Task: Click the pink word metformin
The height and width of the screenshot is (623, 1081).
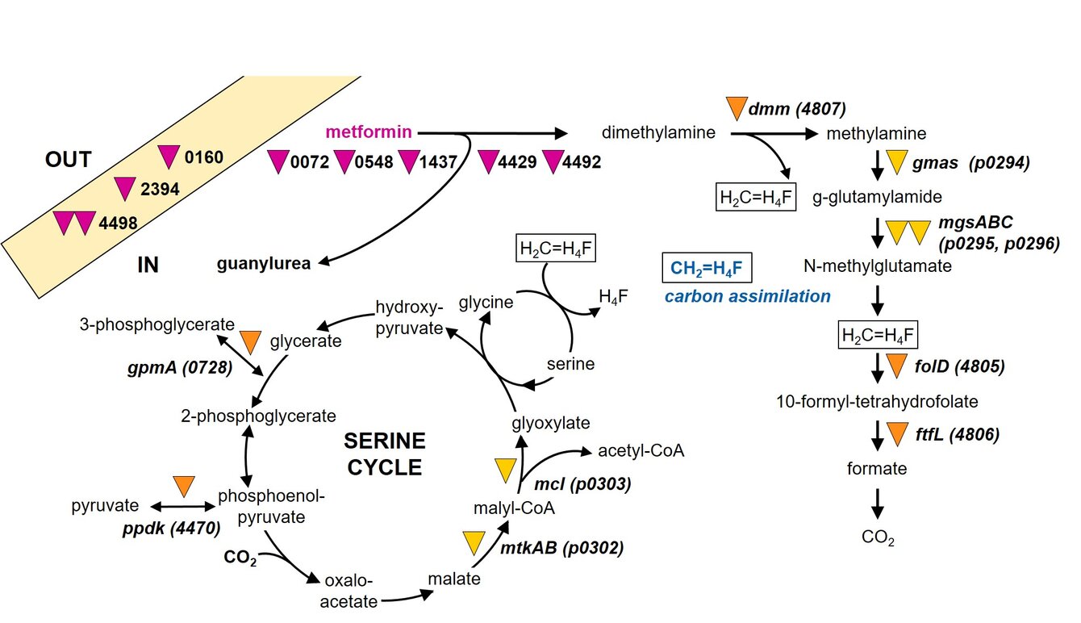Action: coord(369,132)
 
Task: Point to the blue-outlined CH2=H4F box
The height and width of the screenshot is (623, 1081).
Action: coord(707,267)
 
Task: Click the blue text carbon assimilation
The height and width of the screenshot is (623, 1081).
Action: coord(747,297)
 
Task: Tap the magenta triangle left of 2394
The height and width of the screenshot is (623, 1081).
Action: coord(124,189)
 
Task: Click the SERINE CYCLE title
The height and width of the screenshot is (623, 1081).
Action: coord(384,454)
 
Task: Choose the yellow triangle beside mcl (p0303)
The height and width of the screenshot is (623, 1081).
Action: coord(505,470)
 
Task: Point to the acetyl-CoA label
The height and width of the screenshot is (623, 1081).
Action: coord(641,450)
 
